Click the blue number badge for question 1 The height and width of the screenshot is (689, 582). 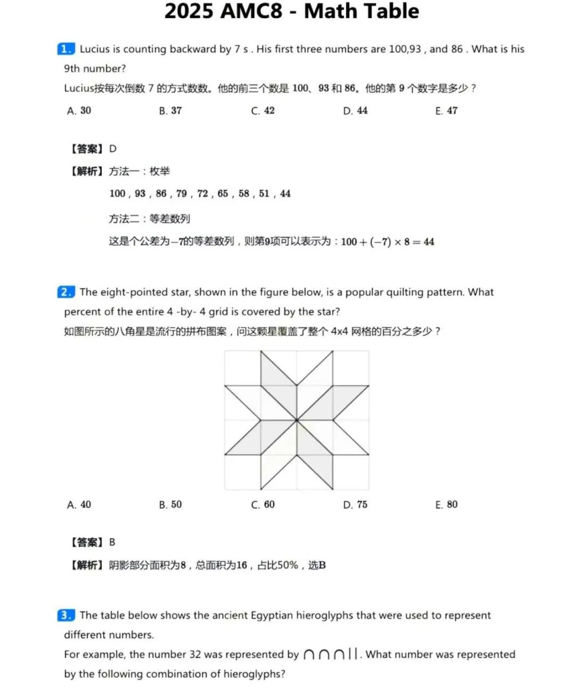(66, 49)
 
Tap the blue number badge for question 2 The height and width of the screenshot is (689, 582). (66, 292)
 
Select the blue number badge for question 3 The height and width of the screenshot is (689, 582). (66, 615)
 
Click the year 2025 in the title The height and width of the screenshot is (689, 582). (195, 11)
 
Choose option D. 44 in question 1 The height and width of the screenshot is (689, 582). (355, 110)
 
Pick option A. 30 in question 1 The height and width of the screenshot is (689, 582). (79, 110)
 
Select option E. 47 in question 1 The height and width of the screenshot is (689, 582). (446, 110)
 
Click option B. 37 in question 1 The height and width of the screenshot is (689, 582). (170, 110)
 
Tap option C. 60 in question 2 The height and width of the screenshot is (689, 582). (263, 505)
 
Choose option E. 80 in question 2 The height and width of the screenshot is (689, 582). (446, 505)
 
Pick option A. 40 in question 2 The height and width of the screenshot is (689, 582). (79, 505)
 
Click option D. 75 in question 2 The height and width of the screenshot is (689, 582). (355, 505)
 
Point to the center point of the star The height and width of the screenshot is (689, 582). (296, 420)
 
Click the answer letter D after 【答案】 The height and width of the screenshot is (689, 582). (113, 149)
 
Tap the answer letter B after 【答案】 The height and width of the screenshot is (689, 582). (112, 542)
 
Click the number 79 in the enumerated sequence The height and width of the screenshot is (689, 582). (182, 193)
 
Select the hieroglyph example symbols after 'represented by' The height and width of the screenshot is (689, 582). (330, 655)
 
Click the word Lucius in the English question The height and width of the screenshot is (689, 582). (95, 49)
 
